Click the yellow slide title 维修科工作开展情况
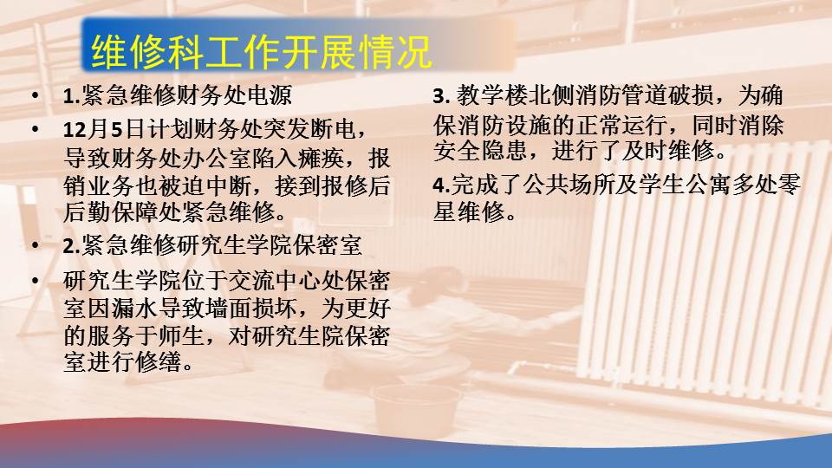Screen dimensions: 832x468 tap(261, 51)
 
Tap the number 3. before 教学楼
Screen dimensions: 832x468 tap(441, 96)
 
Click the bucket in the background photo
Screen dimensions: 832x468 tap(417, 410)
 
